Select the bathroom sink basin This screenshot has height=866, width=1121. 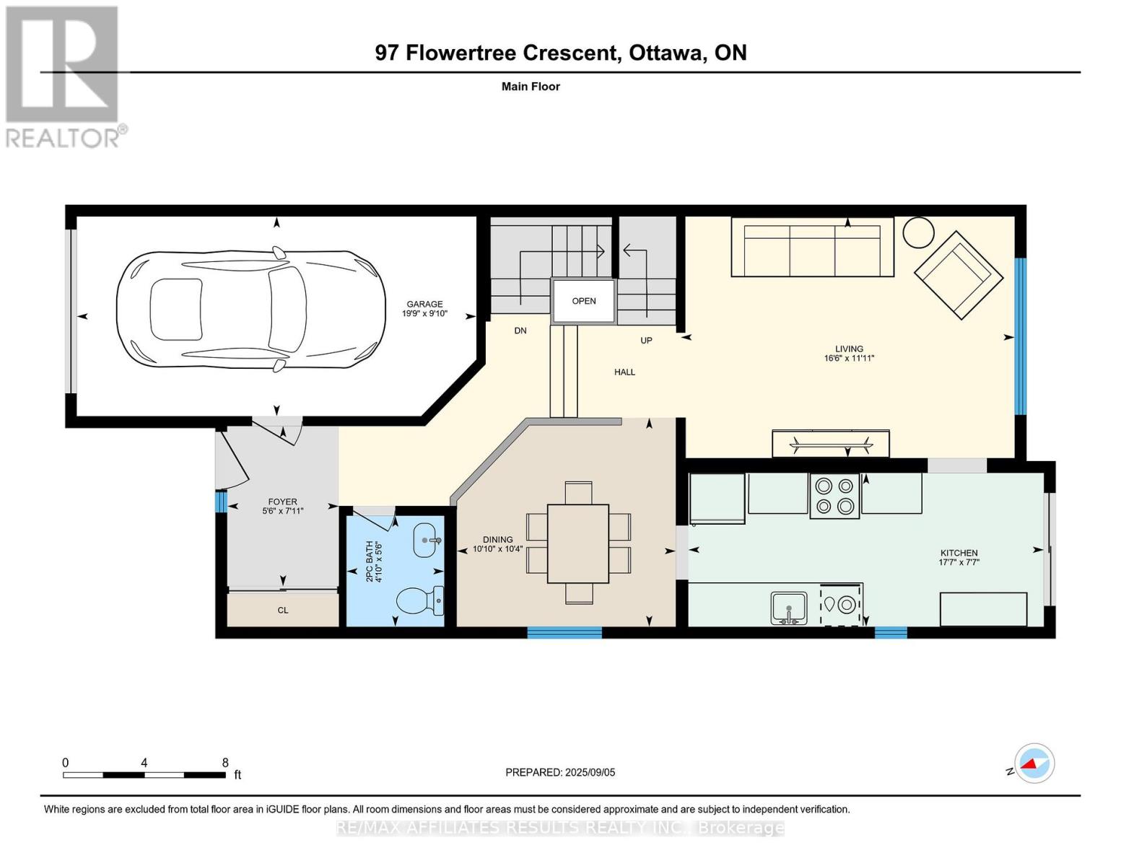427,540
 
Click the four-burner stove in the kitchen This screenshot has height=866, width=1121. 834,496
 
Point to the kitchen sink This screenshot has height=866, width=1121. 789,608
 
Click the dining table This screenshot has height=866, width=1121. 577,543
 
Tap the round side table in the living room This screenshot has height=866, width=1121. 918,232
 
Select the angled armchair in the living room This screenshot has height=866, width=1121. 959,275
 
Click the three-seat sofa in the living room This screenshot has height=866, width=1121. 812,247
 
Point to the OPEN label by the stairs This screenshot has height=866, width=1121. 584,301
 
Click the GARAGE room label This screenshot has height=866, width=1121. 424,304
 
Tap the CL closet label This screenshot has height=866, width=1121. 283,611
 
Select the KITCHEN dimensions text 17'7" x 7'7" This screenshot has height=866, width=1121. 959,562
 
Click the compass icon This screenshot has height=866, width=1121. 1034,764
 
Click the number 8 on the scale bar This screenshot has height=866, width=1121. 225,762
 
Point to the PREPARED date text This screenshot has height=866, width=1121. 560,772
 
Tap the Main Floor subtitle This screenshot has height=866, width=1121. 531,87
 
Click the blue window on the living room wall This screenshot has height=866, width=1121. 1021,336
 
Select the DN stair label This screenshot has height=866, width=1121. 520,331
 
